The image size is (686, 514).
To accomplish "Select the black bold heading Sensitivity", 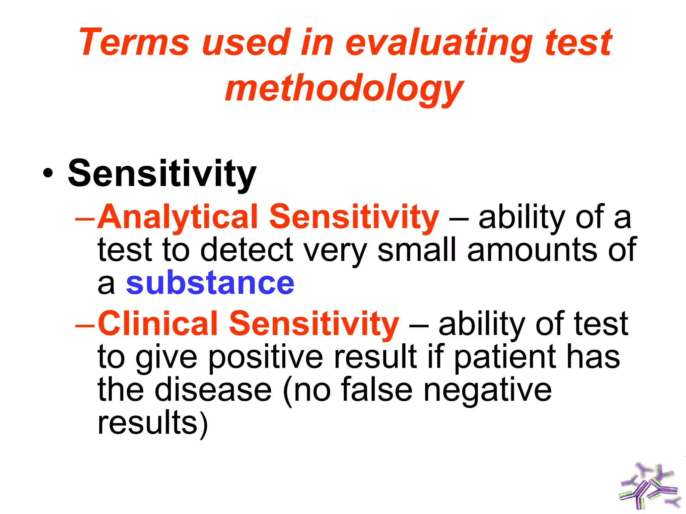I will (162, 174).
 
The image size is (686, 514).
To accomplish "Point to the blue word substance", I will (210, 283).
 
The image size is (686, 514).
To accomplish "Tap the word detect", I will (247, 250).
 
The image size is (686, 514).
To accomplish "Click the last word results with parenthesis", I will (152, 423).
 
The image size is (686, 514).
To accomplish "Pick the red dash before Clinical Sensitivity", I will (85, 325).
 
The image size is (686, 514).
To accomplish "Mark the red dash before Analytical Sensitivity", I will (85, 219).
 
